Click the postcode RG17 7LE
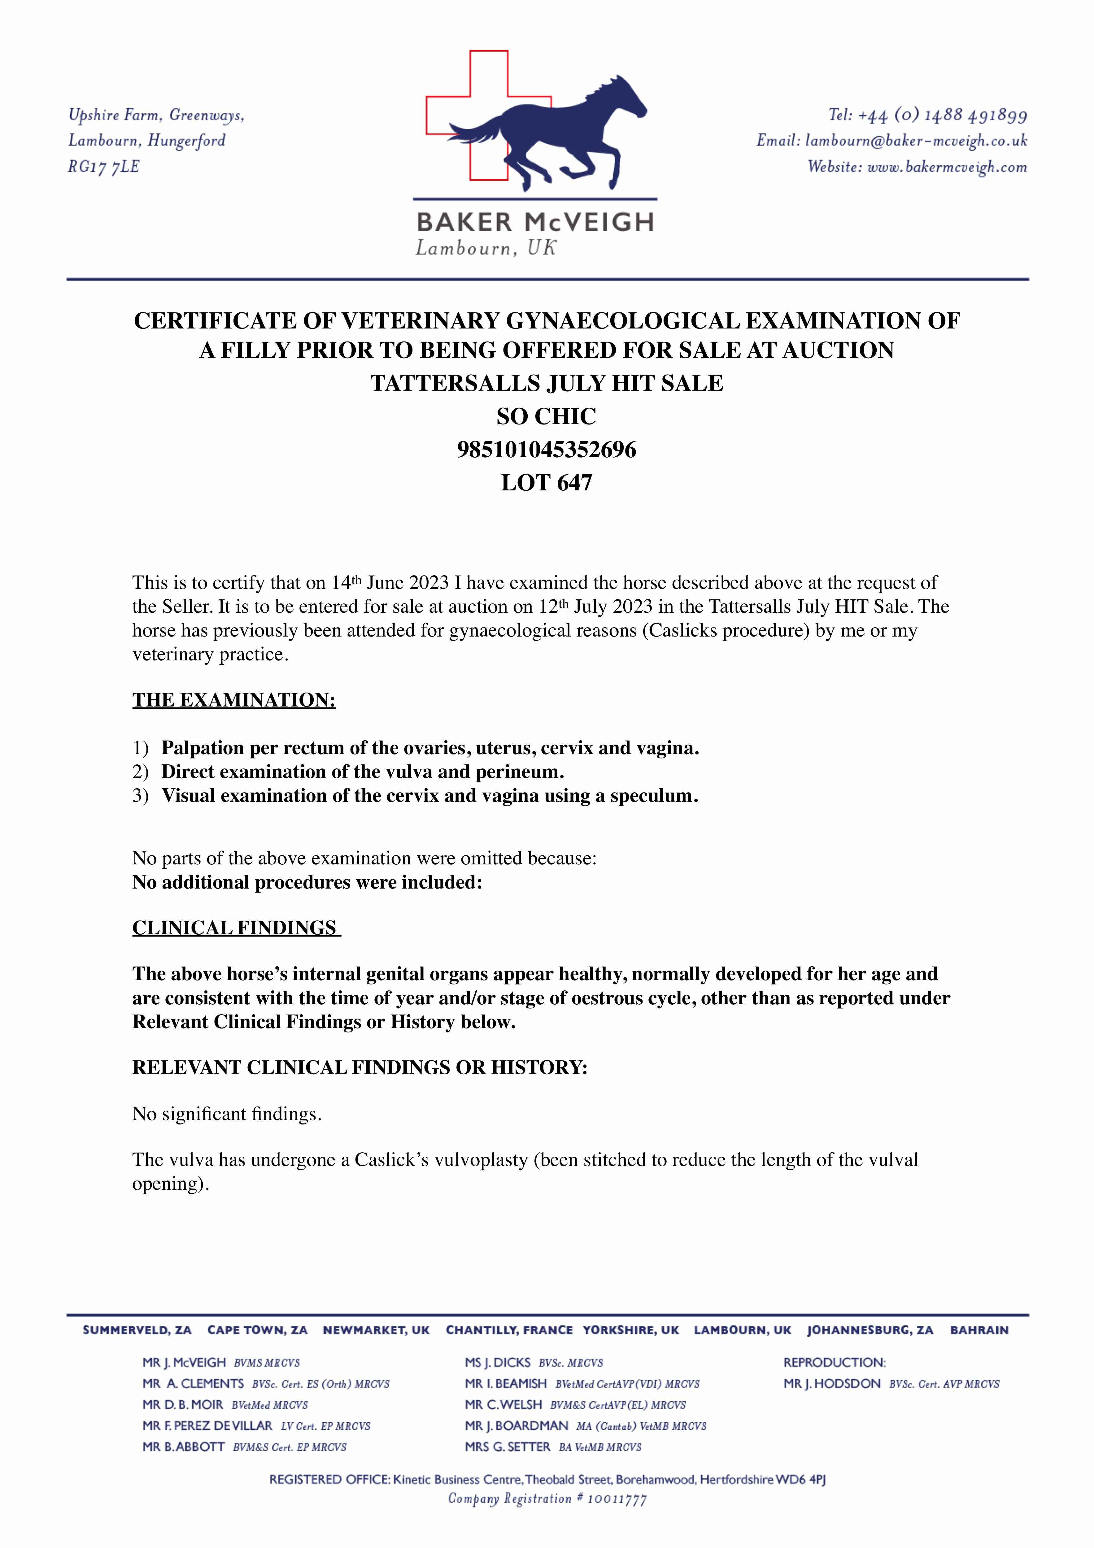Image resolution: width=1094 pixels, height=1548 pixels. [103, 167]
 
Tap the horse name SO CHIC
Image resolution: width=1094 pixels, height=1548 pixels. [546, 417]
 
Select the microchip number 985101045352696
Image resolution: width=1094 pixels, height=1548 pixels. [546, 450]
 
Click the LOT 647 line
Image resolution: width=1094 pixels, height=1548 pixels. [546, 483]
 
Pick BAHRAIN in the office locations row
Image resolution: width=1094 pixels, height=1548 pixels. [979, 1330]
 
